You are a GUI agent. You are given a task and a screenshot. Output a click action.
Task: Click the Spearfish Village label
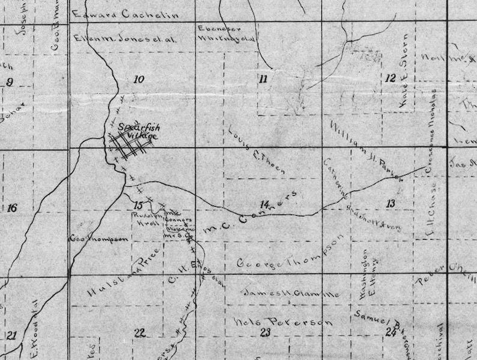click(137, 132)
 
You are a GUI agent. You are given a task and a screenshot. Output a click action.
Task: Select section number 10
click(139, 79)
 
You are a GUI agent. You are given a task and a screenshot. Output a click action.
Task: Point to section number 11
click(263, 79)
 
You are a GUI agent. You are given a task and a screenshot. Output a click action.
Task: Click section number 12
click(390, 78)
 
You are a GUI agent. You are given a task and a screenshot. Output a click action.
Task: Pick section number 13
click(390, 204)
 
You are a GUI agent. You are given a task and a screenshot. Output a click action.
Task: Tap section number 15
click(138, 206)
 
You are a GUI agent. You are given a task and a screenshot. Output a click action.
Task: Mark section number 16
click(11, 208)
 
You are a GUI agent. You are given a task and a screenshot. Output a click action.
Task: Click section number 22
click(139, 332)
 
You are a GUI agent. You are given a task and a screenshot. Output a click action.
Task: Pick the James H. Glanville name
click(292, 293)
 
